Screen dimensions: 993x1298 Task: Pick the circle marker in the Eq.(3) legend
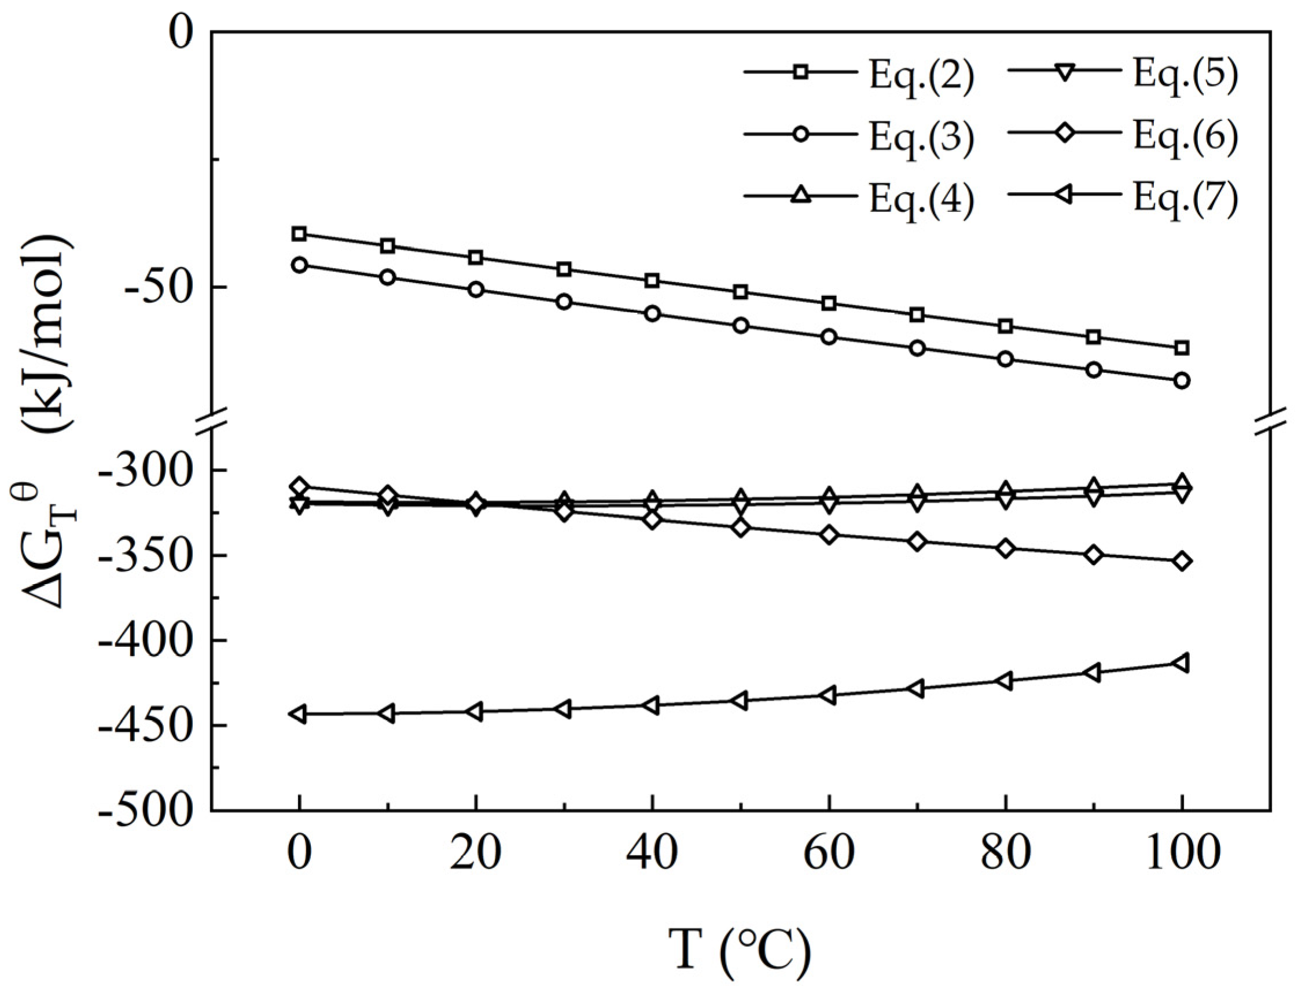pyautogui.click(x=800, y=134)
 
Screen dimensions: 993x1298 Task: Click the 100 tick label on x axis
pyautogui.click(x=1181, y=854)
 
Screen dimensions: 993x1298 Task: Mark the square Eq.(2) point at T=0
pyautogui.click(x=300, y=234)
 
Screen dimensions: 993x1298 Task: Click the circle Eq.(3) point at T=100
pyautogui.click(x=1182, y=380)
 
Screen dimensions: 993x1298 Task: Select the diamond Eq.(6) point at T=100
pyautogui.click(x=1182, y=561)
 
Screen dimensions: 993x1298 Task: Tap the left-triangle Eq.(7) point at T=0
pyautogui.click(x=299, y=714)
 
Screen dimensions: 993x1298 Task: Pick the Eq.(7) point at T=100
pyautogui.click(x=1181, y=662)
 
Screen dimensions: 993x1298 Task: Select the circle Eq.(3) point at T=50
pyautogui.click(x=741, y=325)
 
